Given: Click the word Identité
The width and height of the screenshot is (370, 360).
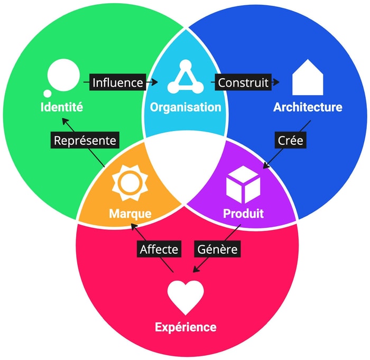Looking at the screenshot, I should [62, 107].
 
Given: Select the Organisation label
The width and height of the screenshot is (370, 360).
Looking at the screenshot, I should [185, 107].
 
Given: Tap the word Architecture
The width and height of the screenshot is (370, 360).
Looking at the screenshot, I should [308, 107].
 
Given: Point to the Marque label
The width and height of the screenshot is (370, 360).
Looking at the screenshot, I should [130, 214].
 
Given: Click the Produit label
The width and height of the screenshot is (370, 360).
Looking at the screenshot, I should [243, 214].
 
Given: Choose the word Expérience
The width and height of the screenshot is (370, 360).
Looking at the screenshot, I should [186, 327].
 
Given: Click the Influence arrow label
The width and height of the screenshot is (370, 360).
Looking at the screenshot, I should [117, 82].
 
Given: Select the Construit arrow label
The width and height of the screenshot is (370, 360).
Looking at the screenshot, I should [243, 82].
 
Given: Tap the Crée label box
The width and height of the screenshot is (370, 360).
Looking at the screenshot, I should [290, 141].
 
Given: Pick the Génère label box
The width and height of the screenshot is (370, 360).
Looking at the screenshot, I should [217, 248].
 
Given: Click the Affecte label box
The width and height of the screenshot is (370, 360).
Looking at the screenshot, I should [159, 248].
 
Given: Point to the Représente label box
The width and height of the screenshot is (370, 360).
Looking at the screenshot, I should [85, 141].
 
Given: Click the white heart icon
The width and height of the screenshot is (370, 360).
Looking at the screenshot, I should [186, 297].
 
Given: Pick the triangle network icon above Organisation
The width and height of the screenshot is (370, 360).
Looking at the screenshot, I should [185, 78].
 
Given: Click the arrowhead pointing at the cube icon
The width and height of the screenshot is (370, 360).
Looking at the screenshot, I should [266, 167].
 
